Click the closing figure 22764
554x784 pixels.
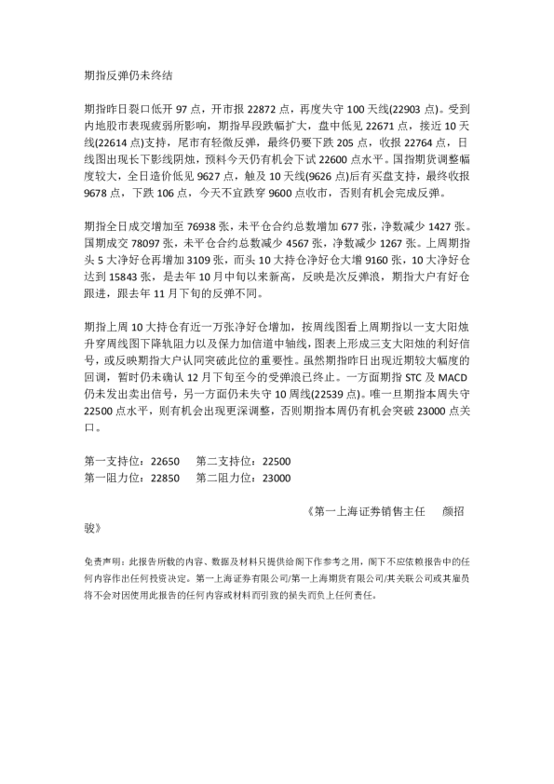pyautogui.click(x=429, y=144)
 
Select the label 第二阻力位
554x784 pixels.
pyautogui.click(x=225, y=480)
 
